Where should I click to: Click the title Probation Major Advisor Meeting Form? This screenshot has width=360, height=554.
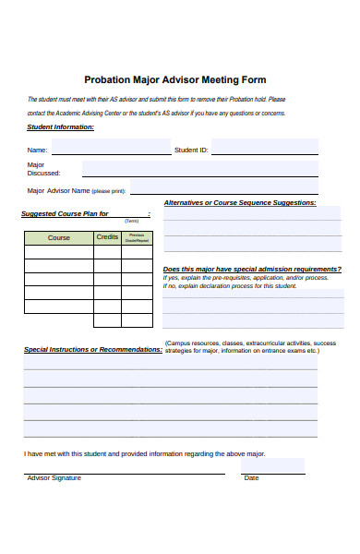tap(175, 80)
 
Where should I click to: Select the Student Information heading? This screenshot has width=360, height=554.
tap(60, 127)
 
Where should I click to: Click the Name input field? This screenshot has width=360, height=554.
tap(111, 148)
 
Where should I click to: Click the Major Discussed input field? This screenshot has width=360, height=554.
tap(199, 169)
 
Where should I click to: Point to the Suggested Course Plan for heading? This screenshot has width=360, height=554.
tap(66, 214)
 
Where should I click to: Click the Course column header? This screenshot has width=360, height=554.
tap(59, 238)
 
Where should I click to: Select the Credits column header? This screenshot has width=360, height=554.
tap(107, 238)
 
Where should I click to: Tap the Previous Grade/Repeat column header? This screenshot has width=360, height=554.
tap(137, 238)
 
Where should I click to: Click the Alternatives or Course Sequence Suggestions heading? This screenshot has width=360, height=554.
tap(239, 202)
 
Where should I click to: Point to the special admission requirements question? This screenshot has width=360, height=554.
tap(251, 269)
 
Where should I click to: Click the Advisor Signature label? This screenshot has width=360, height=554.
tap(54, 478)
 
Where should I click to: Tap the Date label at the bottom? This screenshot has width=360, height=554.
tap(251, 478)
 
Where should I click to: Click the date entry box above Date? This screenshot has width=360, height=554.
tap(272, 465)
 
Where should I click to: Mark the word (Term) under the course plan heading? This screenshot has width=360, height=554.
tap(131, 222)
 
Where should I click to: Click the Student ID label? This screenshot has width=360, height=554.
tap(191, 150)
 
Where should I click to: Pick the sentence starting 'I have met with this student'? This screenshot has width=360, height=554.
tap(145, 454)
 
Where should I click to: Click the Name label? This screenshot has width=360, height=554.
tap(37, 150)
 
